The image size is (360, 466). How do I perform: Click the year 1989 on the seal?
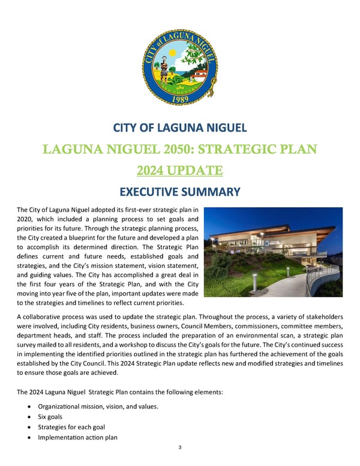tap(180, 99)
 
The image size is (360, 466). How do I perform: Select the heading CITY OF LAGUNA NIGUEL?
tap(180, 128)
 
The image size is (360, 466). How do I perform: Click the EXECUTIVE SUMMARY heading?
tap(180, 193)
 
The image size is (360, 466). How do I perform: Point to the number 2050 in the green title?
tap(156, 150)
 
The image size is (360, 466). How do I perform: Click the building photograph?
tap(273, 252)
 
